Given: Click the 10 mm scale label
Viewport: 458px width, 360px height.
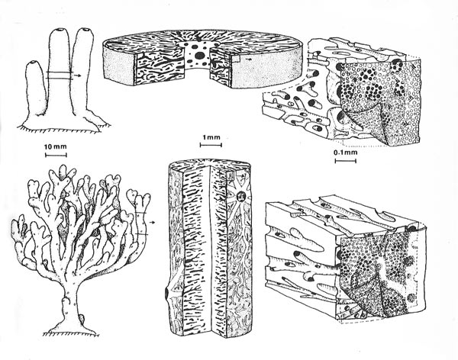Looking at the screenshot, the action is click(56, 146).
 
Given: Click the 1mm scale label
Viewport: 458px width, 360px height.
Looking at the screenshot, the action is click(211, 137).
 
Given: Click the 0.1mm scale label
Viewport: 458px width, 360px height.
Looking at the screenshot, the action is click(346, 152).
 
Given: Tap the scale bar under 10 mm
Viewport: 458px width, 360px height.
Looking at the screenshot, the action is click(56, 155).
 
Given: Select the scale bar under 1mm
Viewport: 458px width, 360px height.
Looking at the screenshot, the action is click(211, 144).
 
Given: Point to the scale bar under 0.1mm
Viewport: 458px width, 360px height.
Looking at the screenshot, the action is click(346, 160).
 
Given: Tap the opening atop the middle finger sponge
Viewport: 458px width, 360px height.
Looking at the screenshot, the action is click(60, 30).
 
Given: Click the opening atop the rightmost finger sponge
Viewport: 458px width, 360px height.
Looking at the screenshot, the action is click(85, 29).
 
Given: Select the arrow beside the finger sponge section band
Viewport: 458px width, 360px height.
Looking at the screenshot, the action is click(77, 76).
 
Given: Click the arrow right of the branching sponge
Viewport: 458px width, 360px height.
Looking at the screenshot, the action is click(152, 222).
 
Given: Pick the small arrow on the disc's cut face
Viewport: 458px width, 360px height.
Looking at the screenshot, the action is click(248, 59).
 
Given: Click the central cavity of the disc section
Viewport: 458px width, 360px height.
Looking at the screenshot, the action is click(197, 54).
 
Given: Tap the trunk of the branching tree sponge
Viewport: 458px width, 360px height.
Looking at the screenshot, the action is click(70, 295).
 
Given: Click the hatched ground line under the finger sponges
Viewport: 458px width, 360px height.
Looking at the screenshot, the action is click(63, 128).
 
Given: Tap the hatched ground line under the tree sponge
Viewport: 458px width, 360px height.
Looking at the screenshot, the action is click(71, 334).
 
